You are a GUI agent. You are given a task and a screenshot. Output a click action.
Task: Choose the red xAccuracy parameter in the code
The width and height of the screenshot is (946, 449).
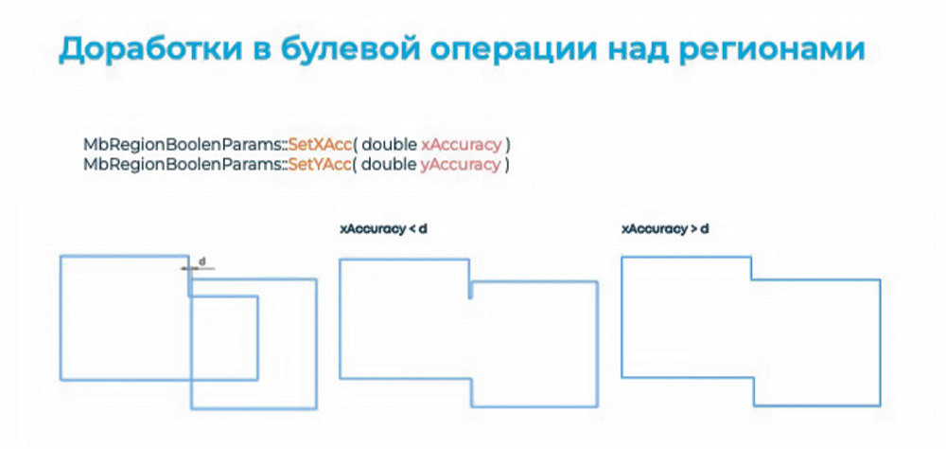[x=461, y=146]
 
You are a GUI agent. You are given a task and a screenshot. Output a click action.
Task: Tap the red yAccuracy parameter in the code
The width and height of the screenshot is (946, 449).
[x=461, y=165]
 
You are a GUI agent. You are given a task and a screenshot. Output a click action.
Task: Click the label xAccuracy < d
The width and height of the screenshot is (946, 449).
[x=384, y=229]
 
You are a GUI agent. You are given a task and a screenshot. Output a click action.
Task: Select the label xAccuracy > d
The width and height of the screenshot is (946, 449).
[x=665, y=229]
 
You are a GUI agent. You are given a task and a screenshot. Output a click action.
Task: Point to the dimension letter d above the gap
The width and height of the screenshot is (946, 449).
[x=202, y=261]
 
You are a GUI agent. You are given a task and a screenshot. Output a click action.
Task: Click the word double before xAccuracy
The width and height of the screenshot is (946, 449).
[x=390, y=145]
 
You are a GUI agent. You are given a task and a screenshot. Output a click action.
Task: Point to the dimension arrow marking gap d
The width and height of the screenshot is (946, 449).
[x=198, y=268]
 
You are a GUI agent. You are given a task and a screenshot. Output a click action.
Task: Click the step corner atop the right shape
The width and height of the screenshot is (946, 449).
[x=751, y=279]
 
